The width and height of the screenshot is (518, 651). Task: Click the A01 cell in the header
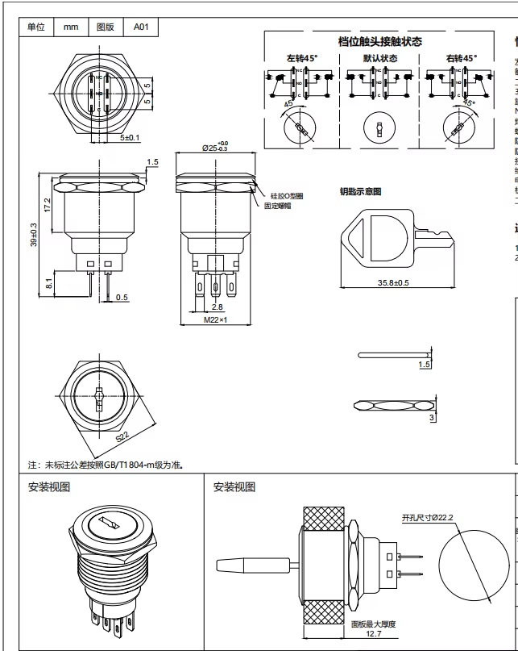141,27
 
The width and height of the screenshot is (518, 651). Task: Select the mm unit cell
71,27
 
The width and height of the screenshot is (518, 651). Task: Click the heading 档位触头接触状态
380,41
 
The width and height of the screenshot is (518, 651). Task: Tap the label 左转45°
302,58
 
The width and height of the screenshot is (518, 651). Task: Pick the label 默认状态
380,58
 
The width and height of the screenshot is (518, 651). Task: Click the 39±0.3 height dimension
35,236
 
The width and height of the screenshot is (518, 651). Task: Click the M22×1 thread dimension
214,320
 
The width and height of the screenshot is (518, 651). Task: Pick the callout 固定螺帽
279,206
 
